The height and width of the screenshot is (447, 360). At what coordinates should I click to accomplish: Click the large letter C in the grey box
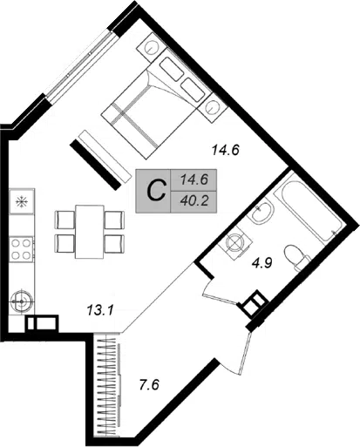point(157,191)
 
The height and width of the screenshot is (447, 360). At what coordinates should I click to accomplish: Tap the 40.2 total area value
point(194,200)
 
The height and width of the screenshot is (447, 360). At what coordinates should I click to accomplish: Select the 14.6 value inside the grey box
point(194,179)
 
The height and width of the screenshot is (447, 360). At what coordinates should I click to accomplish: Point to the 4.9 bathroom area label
point(262,263)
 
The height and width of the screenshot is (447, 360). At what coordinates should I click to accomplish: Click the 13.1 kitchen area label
point(99,311)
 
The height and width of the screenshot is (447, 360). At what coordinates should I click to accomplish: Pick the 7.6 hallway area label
point(149,386)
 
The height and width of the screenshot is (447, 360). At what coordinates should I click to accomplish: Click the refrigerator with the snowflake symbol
point(22,201)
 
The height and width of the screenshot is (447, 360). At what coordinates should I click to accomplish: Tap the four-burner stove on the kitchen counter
point(22,249)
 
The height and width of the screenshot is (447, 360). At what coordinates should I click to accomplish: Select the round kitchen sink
point(22,301)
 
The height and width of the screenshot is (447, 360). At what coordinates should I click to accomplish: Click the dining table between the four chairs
point(90,232)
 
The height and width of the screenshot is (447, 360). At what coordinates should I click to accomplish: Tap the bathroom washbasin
point(262,213)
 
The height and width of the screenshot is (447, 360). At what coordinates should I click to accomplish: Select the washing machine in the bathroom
point(235,242)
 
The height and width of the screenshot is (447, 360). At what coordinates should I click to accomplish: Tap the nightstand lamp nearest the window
point(152,47)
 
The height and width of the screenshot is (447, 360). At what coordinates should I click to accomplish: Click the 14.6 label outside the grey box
point(226,151)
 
